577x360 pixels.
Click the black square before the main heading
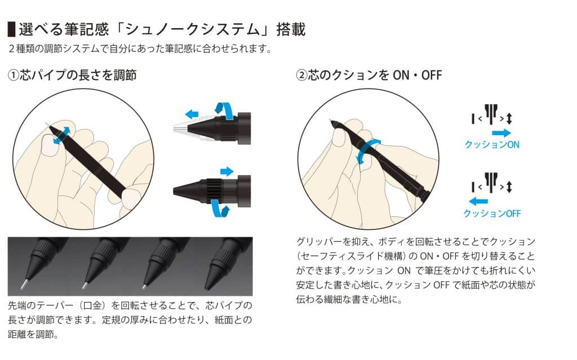tap(11, 29)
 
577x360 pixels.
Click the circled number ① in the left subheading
tap(14, 75)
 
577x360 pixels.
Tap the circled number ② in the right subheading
tap(301, 75)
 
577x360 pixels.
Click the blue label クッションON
tap(492, 145)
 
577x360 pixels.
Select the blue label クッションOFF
tap(492, 214)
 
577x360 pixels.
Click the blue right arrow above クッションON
tap(501, 133)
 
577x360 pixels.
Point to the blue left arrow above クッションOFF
tap(478, 201)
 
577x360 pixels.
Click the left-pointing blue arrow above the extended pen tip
tap(192, 114)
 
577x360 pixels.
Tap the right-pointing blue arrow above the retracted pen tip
tap(227, 171)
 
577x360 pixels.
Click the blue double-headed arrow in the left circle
tap(62, 135)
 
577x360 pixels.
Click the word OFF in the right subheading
tap(431, 75)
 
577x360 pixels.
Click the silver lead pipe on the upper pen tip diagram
tap(181, 128)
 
